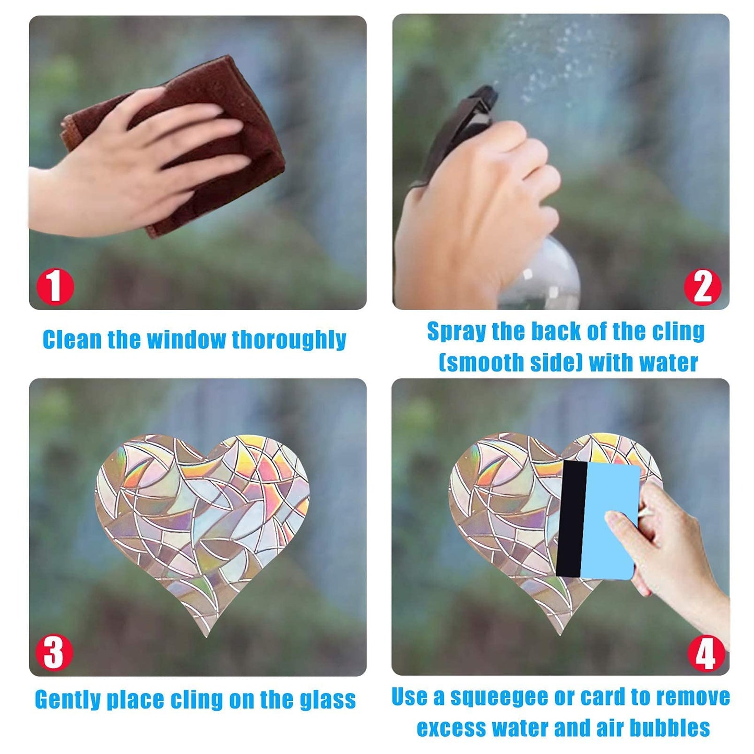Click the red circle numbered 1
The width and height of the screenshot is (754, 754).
(x=55, y=286)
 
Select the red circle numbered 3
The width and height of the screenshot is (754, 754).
(x=54, y=653)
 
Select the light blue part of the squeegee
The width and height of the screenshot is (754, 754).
(x=611, y=520)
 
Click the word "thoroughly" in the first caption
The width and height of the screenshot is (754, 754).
(x=289, y=340)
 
